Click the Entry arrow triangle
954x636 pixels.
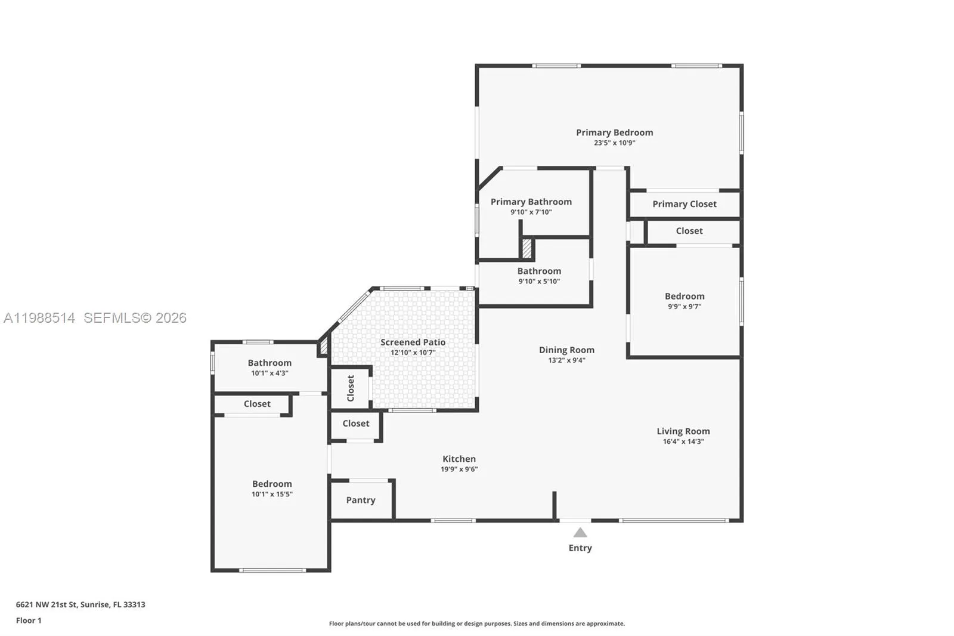(580, 533)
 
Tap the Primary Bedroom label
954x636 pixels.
(614, 132)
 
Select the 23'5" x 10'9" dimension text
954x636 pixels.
(614, 143)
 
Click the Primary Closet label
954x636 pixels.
(684, 204)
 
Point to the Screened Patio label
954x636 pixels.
(413, 342)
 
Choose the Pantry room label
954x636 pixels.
(361, 500)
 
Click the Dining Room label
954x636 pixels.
(566, 350)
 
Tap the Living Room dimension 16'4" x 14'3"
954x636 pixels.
(683, 442)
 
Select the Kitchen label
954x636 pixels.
(459, 459)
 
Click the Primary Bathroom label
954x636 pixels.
(531, 202)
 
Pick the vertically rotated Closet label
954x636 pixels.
(351, 388)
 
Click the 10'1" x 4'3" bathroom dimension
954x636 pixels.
(270, 373)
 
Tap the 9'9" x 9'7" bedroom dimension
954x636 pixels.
(684, 307)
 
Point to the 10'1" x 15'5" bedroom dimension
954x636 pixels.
(272, 494)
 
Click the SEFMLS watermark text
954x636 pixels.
(135, 318)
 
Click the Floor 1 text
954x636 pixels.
(29, 620)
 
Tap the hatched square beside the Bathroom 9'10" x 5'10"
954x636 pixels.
(526, 248)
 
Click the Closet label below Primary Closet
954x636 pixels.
(689, 231)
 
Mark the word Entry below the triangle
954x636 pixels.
(580, 548)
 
